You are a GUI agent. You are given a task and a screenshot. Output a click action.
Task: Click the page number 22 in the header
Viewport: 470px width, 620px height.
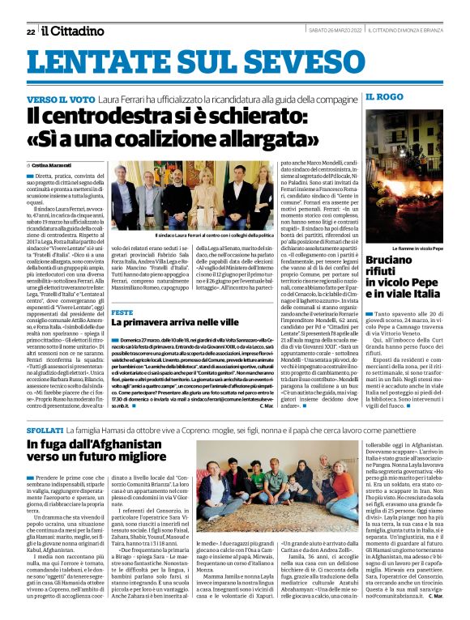tap(29, 32)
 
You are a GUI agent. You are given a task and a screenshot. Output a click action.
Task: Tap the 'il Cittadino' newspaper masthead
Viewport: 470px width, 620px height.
tap(73, 31)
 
